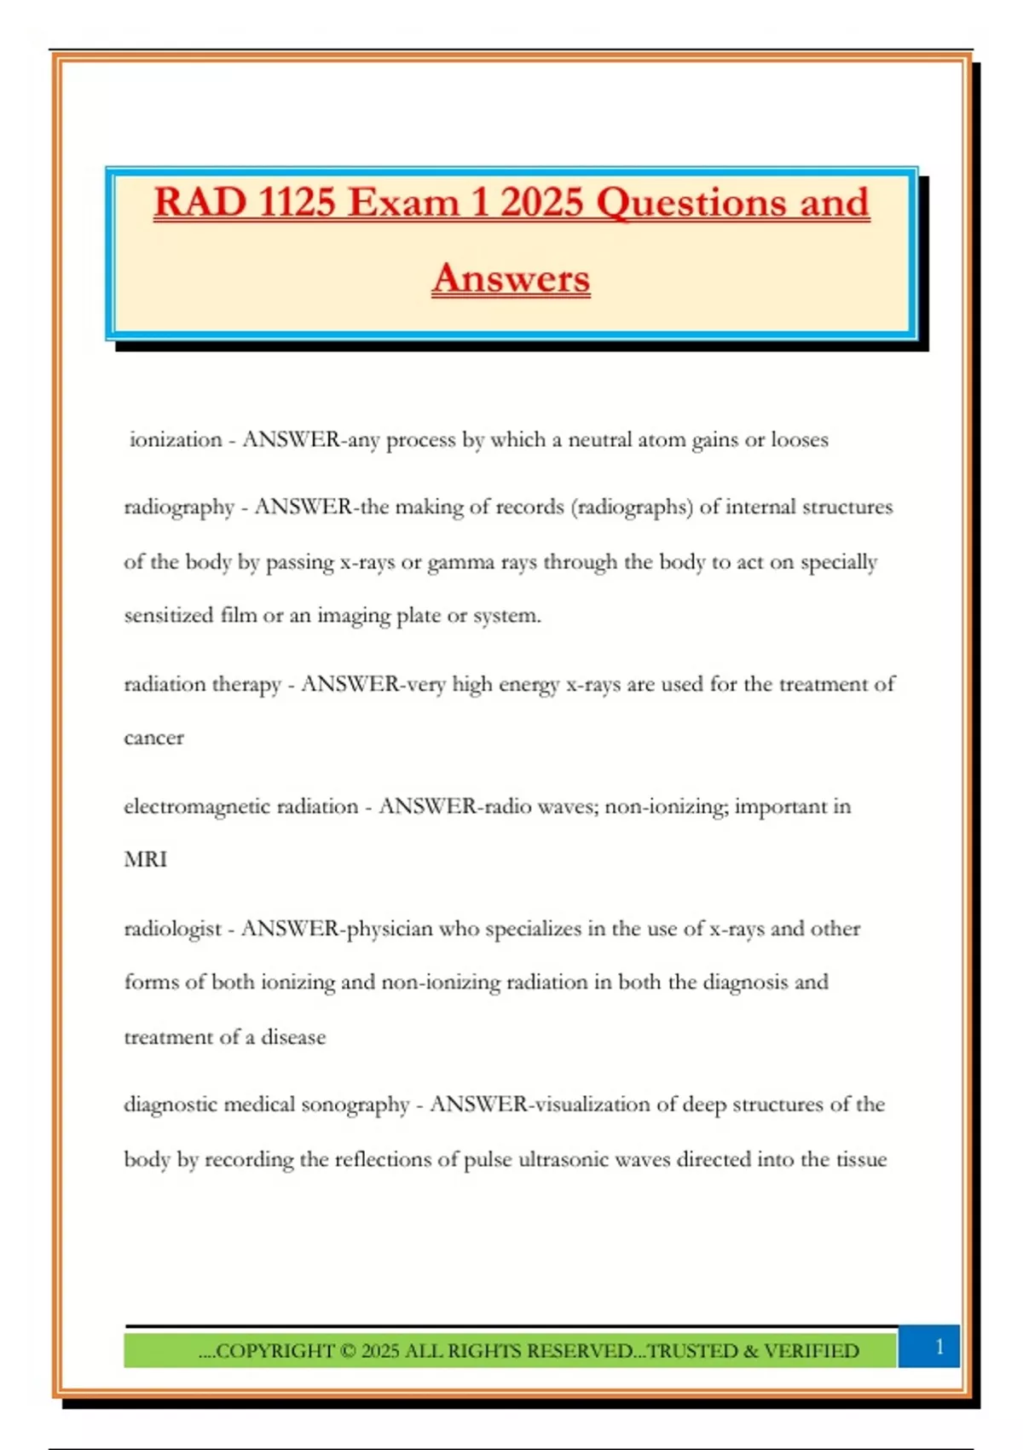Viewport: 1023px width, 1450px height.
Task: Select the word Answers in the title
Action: (511, 278)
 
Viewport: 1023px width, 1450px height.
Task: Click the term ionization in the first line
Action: (176, 440)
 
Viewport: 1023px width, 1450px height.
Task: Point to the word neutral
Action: (601, 440)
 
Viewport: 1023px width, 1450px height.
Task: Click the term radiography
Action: (179, 507)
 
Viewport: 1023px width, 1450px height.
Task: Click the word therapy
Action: (246, 685)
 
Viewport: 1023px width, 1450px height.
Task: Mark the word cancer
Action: (153, 738)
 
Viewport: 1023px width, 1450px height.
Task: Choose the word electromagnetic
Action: (199, 807)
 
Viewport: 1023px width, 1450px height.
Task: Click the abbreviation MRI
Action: (146, 860)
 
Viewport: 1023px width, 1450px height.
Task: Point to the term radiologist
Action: (173, 929)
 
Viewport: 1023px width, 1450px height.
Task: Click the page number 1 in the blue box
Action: (939, 1347)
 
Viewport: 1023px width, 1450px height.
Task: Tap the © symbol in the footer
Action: (347, 1351)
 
